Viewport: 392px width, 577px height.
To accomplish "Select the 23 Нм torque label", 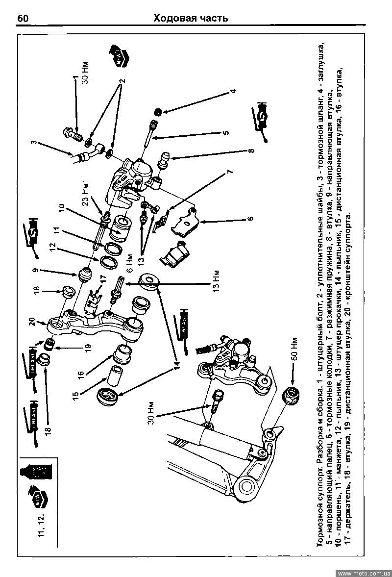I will (85, 194).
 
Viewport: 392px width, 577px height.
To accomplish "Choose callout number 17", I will (103, 279).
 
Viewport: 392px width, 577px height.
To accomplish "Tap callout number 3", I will (33, 144).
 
